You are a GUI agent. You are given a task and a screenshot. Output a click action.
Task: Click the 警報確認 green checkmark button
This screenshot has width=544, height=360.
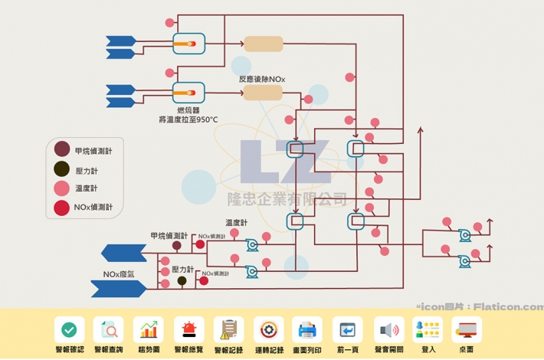click(x=69, y=329)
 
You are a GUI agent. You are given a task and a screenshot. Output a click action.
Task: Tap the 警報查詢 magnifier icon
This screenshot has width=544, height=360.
click(x=109, y=329)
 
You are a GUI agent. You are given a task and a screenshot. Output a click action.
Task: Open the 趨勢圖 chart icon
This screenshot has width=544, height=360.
click(x=149, y=329)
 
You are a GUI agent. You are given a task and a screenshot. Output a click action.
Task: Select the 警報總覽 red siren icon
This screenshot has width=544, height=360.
click(x=188, y=329)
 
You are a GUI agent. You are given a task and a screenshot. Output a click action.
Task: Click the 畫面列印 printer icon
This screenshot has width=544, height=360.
click(x=307, y=329)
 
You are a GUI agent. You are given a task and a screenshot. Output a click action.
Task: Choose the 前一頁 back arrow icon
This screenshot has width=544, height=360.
click(x=349, y=329)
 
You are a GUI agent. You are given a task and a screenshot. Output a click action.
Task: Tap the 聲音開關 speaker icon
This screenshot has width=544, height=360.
click(x=389, y=329)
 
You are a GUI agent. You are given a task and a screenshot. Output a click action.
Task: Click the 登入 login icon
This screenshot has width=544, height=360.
click(x=428, y=329)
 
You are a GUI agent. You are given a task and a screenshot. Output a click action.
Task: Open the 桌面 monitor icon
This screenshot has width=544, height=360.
click(x=467, y=329)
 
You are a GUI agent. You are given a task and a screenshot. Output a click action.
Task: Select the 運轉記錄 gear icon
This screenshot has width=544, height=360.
click(x=268, y=329)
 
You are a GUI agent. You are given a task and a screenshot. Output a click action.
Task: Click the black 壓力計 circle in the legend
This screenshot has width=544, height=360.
click(x=62, y=169)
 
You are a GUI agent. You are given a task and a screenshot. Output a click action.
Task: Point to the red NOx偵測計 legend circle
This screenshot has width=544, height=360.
click(x=62, y=207)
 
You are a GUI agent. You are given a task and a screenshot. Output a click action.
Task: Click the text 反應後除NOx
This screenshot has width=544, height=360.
click(x=262, y=78)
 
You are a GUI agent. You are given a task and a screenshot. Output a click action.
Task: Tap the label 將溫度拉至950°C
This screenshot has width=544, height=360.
click(x=188, y=119)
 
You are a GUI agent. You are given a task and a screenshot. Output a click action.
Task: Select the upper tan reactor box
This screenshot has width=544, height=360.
click(x=263, y=44)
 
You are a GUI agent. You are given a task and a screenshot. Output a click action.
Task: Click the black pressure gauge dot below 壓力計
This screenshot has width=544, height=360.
click(x=182, y=281)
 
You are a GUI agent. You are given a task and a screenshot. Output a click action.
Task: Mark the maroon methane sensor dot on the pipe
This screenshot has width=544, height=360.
click(x=176, y=246)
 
